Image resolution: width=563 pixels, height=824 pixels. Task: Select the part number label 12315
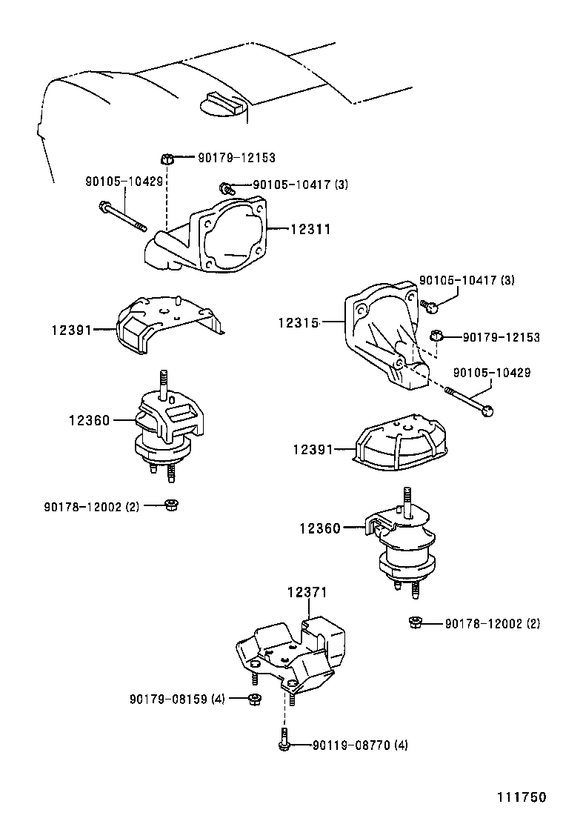(299, 322)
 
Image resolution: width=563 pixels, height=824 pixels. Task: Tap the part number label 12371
(307, 592)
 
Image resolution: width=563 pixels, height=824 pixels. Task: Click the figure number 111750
(522, 797)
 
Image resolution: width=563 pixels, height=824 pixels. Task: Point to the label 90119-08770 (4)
(360, 745)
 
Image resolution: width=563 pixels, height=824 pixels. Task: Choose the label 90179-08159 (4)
(177, 700)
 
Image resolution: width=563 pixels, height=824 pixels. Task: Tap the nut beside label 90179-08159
(254, 700)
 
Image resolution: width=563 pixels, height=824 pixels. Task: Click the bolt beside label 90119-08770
(284, 739)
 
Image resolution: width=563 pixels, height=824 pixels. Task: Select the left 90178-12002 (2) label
(91, 507)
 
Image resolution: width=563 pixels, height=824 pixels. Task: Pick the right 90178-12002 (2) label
(492, 624)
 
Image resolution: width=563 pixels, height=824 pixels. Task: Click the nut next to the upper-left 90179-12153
(166, 158)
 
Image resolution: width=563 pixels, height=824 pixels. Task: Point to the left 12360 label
(90, 420)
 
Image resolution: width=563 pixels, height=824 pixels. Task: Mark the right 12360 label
(320, 528)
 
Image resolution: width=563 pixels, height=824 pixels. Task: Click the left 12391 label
(71, 330)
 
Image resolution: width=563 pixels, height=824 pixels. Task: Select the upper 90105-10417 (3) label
(301, 185)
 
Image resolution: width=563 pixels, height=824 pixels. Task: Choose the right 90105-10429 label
(492, 373)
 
